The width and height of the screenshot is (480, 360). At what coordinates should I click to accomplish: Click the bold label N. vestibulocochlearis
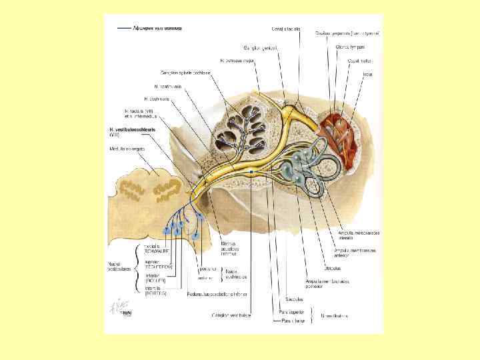pyautogui.click(x=133, y=129)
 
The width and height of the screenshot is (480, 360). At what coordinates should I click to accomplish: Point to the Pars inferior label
pyautogui.click(x=291, y=320)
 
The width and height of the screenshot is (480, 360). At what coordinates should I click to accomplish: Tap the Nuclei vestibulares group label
pyautogui.click(x=119, y=265)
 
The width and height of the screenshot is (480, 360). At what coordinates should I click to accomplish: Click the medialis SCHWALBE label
pyautogui.click(x=155, y=247)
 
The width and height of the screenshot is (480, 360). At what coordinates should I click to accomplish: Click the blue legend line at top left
pyautogui.click(x=123, y=29)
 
